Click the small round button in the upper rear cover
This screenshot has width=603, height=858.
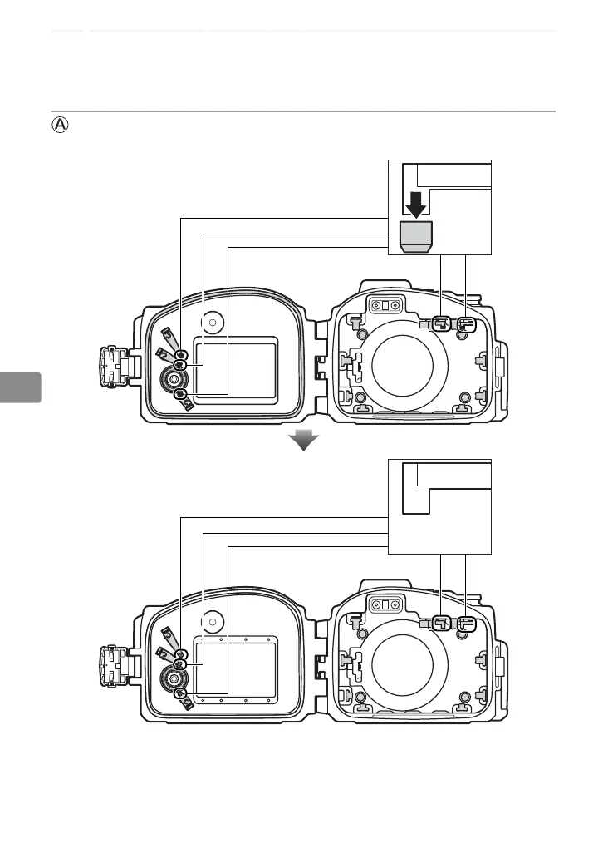pyautogui.click(x=214, y=320)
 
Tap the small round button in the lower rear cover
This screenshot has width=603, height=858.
pyautogui.click(x=214, y=619)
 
